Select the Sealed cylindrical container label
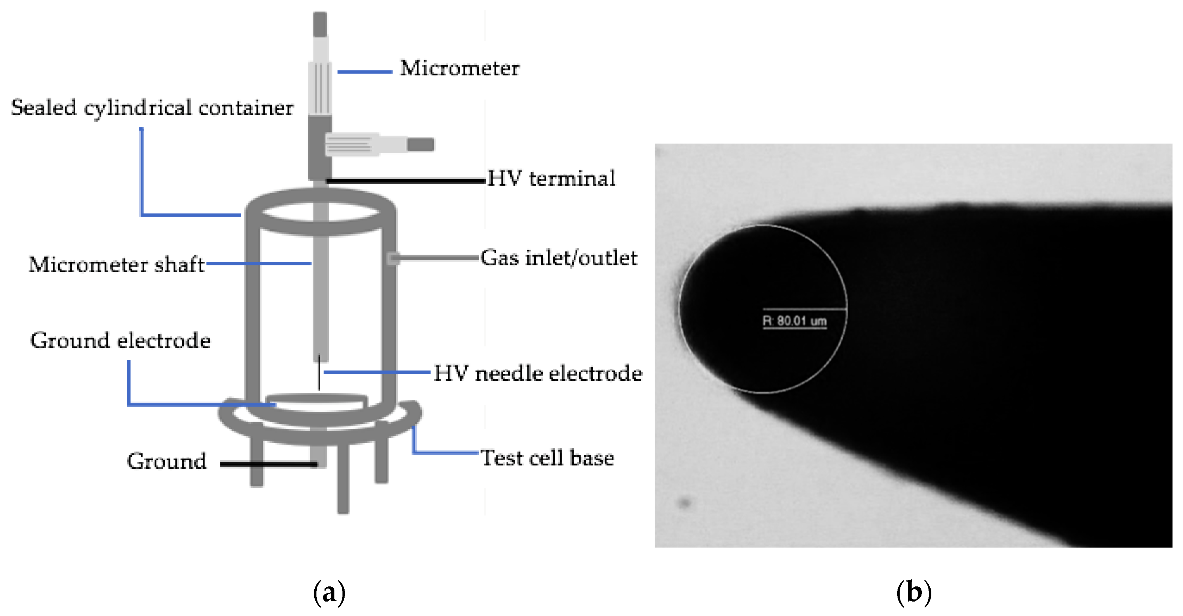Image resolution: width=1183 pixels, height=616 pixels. (x=152, y=108)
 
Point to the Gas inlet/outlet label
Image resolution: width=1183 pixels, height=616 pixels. (x=559, y=258)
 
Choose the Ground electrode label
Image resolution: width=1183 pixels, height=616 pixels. (x=120, y=341)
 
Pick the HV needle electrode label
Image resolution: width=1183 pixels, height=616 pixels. (x=537, y=373)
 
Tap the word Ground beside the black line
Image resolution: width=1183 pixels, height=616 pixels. (x=166, y=461)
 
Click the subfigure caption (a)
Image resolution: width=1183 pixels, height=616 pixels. (x=329, y=592)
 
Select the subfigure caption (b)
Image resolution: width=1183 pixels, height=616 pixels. (x=913, y=592)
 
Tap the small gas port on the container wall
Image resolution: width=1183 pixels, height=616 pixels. (x=393, y=258)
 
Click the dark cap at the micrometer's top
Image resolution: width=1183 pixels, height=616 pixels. (x=320, y=24)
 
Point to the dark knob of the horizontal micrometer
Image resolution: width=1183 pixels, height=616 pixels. (x=420, y=145)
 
